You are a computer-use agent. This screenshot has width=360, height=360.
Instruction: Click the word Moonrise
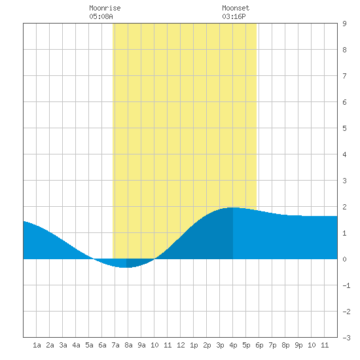pyautogui.click(x=105, y=8)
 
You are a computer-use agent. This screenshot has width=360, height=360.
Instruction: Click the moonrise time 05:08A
pyautogui.click(x=101, y=16)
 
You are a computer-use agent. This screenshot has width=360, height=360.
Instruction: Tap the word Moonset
pyautogui.click(x=236, y=8)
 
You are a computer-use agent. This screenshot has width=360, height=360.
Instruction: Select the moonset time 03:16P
pyautogui.click(x=234, y=16)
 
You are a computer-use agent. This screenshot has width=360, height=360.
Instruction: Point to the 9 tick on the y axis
pyautogui.click(x=344, y=24)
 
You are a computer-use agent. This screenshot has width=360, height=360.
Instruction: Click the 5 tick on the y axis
pyautogui.click(x=344, y=128)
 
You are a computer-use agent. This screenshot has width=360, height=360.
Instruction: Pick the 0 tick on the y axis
pyautogui.click(x=344, y=259)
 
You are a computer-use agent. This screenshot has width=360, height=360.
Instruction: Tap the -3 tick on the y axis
pyautogui.click(x=347, y=338)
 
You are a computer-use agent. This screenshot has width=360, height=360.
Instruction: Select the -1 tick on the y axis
pyautogui.click(x=347, y=285)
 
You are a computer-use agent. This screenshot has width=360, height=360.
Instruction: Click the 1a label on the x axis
pyautogui.click(x=37, y=345)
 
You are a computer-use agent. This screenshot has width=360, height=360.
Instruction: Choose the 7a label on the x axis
pyautogui.click(x=115, y=345)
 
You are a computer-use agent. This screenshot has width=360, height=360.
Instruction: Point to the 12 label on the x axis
pyautogui.click(x=181, y=345)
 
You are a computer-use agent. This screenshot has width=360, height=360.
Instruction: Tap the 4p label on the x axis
pyautogui.click(x=233, y=345)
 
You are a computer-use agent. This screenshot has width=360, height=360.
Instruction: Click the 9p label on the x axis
pyautogui.click(x=298, y=345)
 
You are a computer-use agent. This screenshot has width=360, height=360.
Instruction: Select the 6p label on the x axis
pyautogui.click(x=259, y=345)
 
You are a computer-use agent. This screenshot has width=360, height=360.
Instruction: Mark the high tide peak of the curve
pyautogui.click(x=233, y=207)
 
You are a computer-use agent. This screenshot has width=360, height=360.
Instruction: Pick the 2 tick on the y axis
pyautogui.click(x=344, y=207)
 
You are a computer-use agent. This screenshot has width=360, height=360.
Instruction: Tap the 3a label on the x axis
pyautogui.click(x=63, y=345)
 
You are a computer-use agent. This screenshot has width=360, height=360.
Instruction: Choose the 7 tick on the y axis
pyautogui.click(x=344, y=76)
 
